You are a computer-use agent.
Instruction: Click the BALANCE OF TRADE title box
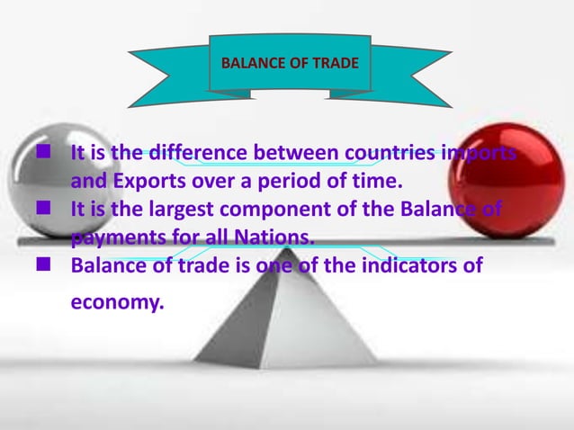tap(289, 63)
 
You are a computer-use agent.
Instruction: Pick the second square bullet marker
tap(41, 209)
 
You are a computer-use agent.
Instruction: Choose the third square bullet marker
tap(41, 265)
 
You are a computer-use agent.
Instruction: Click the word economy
tap(117, 303)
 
